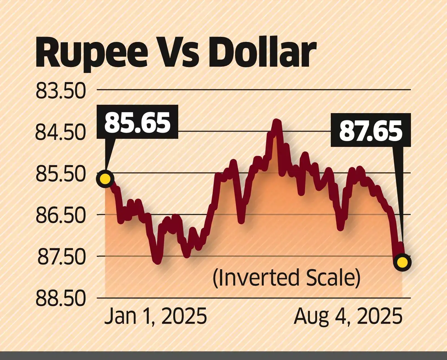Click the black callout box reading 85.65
point(137,122)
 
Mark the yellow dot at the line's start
point(105,179)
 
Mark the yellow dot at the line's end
point(402,263)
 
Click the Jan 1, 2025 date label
point(156,316)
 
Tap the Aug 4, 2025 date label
point(348,316)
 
